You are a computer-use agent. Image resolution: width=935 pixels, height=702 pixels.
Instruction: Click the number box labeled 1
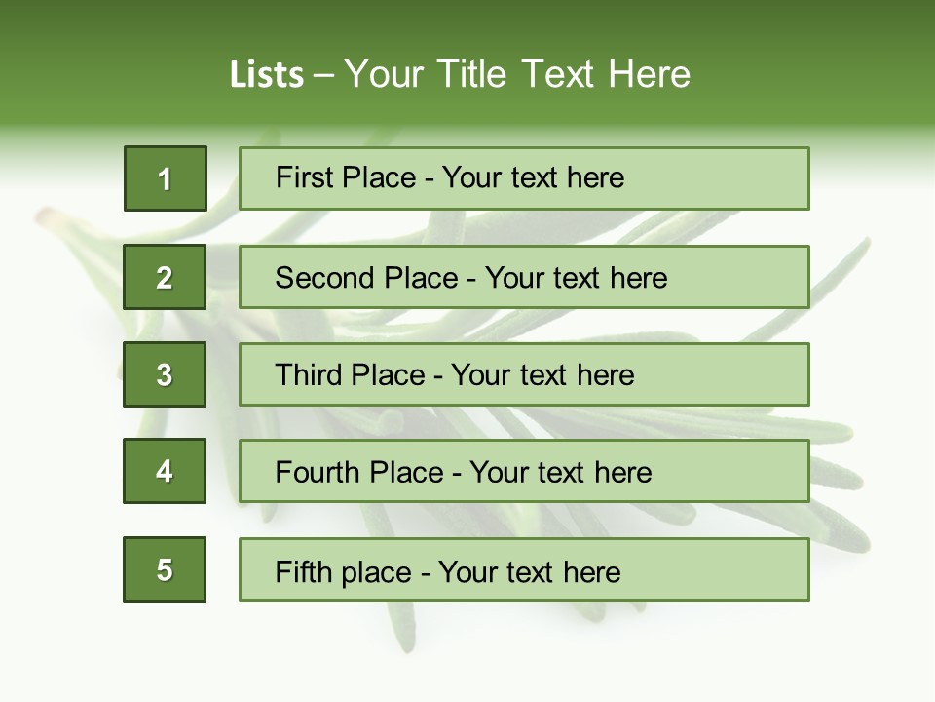click(x=166, y=178)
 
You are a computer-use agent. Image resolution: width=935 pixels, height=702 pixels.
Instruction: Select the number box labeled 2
click(x=165, y=277)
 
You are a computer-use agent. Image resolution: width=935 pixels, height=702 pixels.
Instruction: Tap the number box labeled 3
click(x=165, y=374)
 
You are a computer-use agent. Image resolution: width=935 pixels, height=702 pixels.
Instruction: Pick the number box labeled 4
click(x=165, y=471)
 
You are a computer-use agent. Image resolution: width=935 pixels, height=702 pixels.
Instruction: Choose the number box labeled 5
click(x=165, y=569)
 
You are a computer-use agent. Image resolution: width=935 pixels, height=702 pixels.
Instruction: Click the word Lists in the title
click(x=267, y=75)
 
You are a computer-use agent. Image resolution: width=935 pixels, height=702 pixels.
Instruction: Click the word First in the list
click(x=304, y=177)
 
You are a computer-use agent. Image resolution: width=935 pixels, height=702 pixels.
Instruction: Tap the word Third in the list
click(x=310, y=375)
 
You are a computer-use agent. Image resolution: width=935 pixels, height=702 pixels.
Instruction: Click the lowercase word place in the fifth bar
click(x=375, y=572)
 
